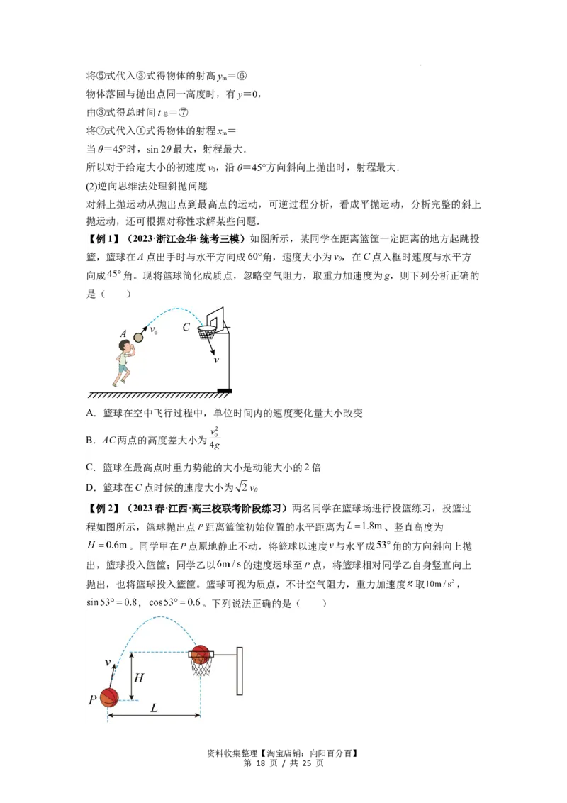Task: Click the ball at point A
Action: click(139, 337)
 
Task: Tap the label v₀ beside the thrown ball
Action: click(153, 329)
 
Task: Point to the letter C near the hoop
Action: click(186, 328)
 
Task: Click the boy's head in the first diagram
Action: click(126, 346)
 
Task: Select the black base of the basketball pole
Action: click(225, 390)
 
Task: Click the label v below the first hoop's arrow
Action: click(216, 360)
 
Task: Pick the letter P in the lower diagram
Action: click(92, 700)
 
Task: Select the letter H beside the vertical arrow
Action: click(139, 677)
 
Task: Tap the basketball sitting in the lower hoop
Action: click(201, 653)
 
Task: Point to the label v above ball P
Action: click(108, 663)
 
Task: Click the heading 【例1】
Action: click(103, 237)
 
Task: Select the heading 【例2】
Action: click(103, 508)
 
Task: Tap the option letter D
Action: click(91, 487)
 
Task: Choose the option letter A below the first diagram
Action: click(91, 413)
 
